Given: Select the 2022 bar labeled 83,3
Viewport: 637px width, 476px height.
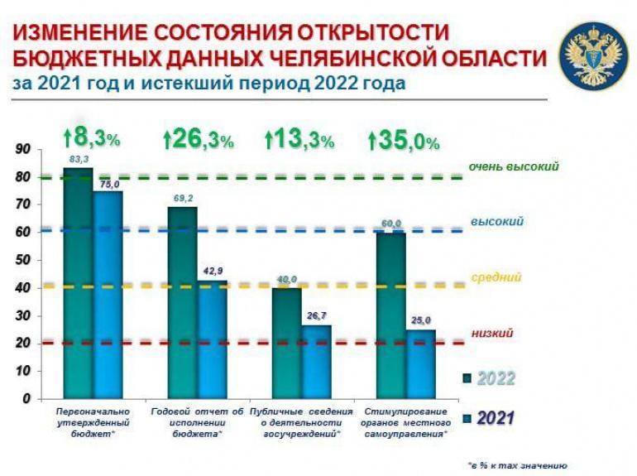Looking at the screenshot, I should [x=78, y=281].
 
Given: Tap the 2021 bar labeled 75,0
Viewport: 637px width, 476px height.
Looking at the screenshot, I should [x=108, y=294].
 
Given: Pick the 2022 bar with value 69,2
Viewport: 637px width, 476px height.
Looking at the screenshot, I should [x=182, y=302].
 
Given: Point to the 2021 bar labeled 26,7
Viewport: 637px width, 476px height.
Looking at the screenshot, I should [x=316, y=361].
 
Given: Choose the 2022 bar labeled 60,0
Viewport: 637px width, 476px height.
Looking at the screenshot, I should [x=390, y=315].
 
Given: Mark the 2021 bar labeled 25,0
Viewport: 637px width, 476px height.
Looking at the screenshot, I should [x=420, y=363].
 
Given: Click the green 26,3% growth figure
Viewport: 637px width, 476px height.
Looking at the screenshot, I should [x=199, y=139].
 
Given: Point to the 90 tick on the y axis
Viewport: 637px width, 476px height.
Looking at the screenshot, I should [x=22, y=149].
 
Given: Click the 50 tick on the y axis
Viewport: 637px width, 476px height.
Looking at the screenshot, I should [x=22, y=260].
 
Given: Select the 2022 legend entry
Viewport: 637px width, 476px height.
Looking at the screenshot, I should [x=489, y=378].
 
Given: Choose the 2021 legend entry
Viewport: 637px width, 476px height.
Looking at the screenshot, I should [x=489, y=417].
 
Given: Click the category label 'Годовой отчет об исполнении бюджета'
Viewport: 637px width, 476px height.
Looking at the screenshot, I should [x=198, y=422].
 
